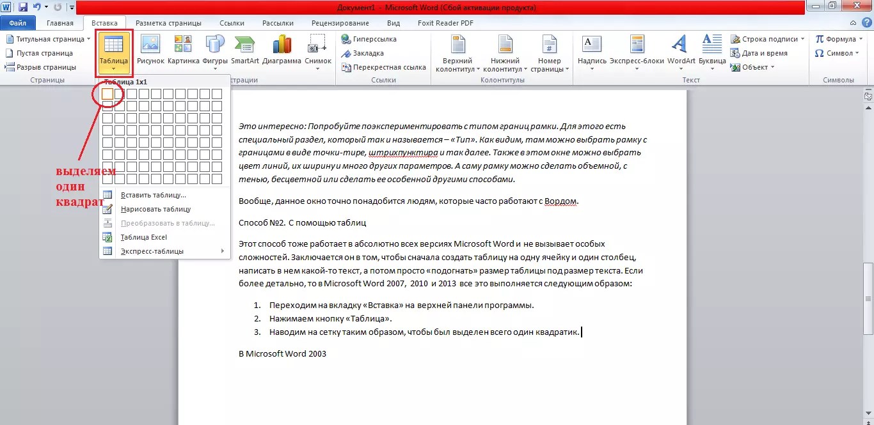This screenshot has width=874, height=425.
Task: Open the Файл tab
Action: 17,23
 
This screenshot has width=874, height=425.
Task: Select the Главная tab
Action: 60,23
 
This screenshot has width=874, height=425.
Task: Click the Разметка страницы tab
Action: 168,23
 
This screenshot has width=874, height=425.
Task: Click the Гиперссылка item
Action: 374,39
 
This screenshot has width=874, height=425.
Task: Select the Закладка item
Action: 368,53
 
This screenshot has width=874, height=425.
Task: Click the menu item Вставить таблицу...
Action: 154,195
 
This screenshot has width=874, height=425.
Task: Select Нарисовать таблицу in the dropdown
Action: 155,209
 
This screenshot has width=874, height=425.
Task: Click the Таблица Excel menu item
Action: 143,237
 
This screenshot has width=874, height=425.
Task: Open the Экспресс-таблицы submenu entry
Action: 152,251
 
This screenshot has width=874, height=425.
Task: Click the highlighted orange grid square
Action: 107,94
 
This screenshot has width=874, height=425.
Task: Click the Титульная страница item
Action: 49,39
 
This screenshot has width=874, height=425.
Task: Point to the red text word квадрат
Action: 79,203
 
